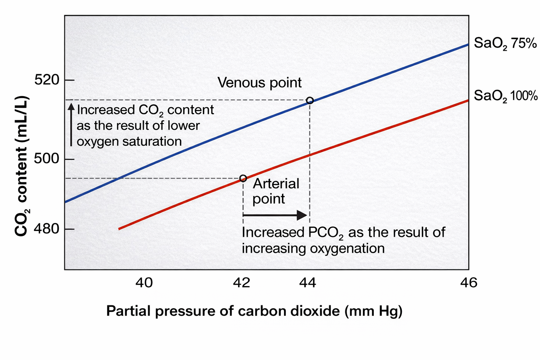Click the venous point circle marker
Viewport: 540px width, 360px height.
point(310,101)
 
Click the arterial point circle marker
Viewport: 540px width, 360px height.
point(243,178)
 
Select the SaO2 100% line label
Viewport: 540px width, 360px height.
point(505,96)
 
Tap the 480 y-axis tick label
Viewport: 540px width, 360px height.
point(47,229)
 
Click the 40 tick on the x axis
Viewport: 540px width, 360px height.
point(144,282)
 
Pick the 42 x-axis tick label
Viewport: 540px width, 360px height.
point(242,282)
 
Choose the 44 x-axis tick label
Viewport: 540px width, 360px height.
point(308,282)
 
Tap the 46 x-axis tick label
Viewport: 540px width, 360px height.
point(469,282)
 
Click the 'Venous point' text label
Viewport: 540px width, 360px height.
point(259,83)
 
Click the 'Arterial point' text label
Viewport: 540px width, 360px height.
point(276,191)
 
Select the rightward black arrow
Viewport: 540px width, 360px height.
point(275,215)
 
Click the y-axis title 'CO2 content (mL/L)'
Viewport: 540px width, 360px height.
point(22,166)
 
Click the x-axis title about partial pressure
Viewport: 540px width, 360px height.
point(254,311)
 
